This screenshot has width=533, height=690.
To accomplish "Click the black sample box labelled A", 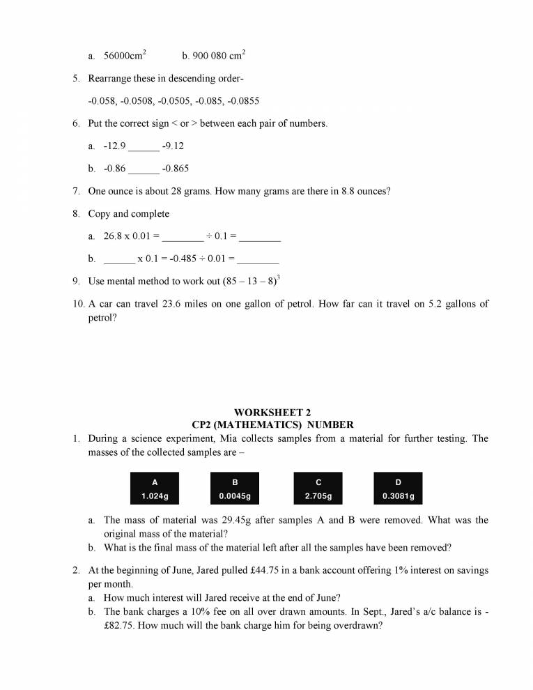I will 155,489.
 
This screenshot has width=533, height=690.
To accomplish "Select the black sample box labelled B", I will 235,489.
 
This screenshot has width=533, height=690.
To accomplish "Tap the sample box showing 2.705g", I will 318,489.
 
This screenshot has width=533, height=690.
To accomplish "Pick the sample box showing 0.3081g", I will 399,489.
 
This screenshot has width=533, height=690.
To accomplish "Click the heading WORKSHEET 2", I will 272,413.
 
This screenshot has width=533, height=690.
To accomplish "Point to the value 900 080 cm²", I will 213,55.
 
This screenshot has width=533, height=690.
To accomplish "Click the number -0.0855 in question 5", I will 244,101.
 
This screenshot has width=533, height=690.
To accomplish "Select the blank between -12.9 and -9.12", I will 144,147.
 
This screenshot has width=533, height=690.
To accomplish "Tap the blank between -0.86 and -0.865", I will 144,169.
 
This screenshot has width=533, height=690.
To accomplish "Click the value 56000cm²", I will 125,55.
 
